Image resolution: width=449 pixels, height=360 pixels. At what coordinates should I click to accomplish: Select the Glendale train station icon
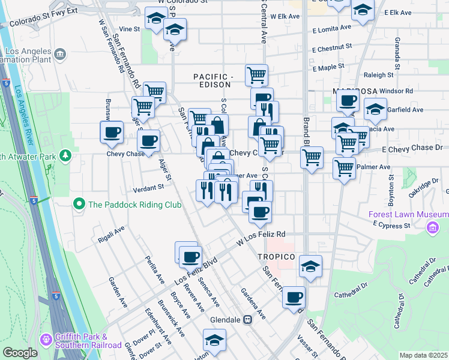pyautogui.click(x=247, y=319)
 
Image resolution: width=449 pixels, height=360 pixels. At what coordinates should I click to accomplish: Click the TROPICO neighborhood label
pyautogui.click(x=276, y=257)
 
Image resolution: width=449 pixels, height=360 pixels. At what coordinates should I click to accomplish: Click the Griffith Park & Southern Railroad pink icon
pyautogui.click(x=46, y=340)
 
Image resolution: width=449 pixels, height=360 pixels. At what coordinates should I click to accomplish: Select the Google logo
pyautogui.click(x=20, y=353)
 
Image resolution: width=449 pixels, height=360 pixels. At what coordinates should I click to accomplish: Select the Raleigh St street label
pyautogui.click(x=378, y=75)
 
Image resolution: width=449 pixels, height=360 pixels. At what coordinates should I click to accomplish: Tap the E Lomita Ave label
pyautogui.click(x=332, y=28)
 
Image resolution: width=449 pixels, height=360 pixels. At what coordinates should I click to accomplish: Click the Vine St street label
pyautogui.click(x=129, y=28)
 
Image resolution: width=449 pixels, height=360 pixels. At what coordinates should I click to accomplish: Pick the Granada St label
pyautogui.click(x=397, y=50)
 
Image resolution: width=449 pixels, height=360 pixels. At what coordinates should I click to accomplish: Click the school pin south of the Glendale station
pyautogui.click(x=214, y=340)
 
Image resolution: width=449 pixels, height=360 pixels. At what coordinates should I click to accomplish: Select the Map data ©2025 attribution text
pyautogui.click(x=423, y=355)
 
